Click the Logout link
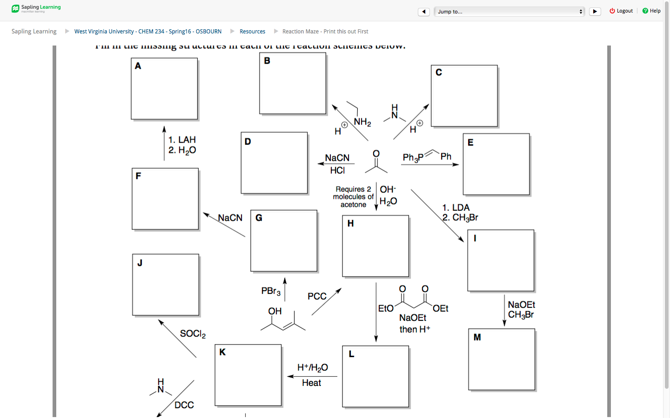[x=622, y=11]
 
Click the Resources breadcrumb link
[x=252, y=32]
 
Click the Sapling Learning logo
[x=36, y=8]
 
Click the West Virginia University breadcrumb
[x=147, y=32]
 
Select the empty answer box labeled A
[x=164, y=89]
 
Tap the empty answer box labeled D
[x=274, y=163]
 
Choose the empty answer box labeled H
[x=375, y=246]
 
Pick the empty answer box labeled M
[x=502, y=359]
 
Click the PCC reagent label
[x=317, y=296]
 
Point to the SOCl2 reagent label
[x=193, y=334]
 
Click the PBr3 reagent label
[x=271, y=291]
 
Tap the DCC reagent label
[x=184, y=405]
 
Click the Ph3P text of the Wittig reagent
[x=413, y=157]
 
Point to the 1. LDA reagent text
[x=456, y=208]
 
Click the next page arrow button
[x=595, y=12]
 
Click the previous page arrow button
[x=423, y=12]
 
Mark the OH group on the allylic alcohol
[x=275, y=311]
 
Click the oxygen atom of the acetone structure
[x=376, y=154]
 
